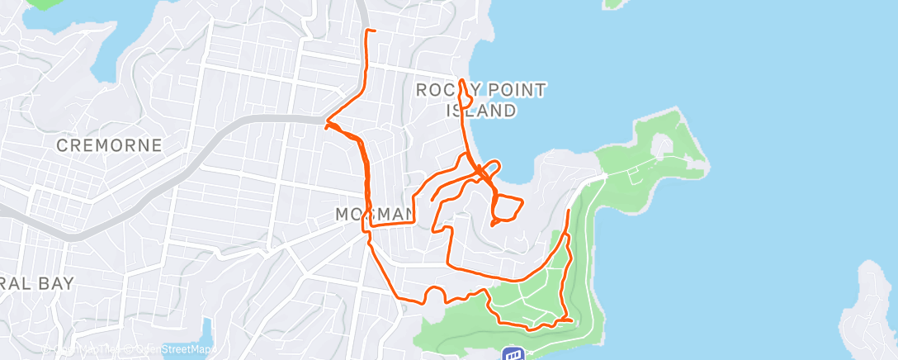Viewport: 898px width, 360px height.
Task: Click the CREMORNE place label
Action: (x=109, y=145)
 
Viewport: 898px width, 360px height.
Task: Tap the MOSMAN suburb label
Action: (x=374, y=215)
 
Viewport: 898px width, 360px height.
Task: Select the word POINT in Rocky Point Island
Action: (x=510, y=90)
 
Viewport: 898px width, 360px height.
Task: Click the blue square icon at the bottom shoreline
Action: (x=513, y=354)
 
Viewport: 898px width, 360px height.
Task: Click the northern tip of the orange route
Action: (x=366, y=31)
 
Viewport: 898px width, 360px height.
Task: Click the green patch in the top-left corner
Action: (x=43, y=3)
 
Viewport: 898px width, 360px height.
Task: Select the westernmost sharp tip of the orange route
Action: (x=327, y=126)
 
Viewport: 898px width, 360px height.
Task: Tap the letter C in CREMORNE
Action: (x=63, y=145)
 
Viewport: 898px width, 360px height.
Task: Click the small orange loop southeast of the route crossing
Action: (x=506, y=210)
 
